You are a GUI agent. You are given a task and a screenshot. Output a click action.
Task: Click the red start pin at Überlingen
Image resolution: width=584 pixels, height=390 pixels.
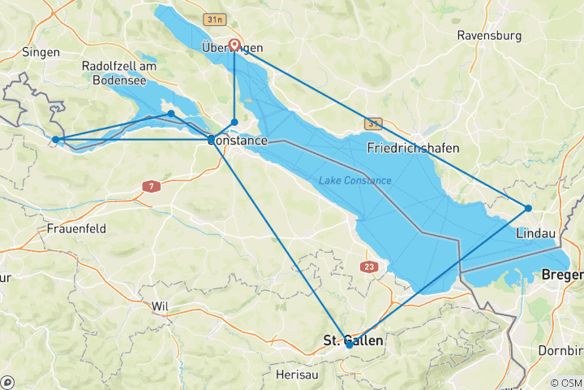point(234,45)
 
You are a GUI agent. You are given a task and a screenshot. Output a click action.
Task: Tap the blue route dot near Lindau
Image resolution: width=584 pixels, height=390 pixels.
point(528,208)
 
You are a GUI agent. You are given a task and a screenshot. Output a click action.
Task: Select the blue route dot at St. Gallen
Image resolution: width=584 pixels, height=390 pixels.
point(349,344)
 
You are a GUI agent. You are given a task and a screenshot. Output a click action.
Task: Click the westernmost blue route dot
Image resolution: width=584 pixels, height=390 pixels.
point(55,140)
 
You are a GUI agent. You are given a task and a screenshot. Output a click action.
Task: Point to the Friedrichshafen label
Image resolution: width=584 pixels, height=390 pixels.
point(413,148)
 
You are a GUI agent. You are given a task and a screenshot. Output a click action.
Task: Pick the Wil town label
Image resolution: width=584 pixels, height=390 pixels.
point(159,306)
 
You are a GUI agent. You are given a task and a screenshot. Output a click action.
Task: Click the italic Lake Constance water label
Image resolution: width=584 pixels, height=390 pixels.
point(355,180)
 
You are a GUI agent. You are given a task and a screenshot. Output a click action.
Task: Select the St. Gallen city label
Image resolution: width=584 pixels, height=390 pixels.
point(354,341)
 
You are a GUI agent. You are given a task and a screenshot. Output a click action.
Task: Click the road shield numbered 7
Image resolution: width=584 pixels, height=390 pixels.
point(149,186)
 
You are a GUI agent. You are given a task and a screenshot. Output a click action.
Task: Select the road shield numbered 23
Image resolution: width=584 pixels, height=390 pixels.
point(370,266)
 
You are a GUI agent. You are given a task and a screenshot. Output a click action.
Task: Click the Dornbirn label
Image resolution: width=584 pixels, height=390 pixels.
point(561,350)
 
